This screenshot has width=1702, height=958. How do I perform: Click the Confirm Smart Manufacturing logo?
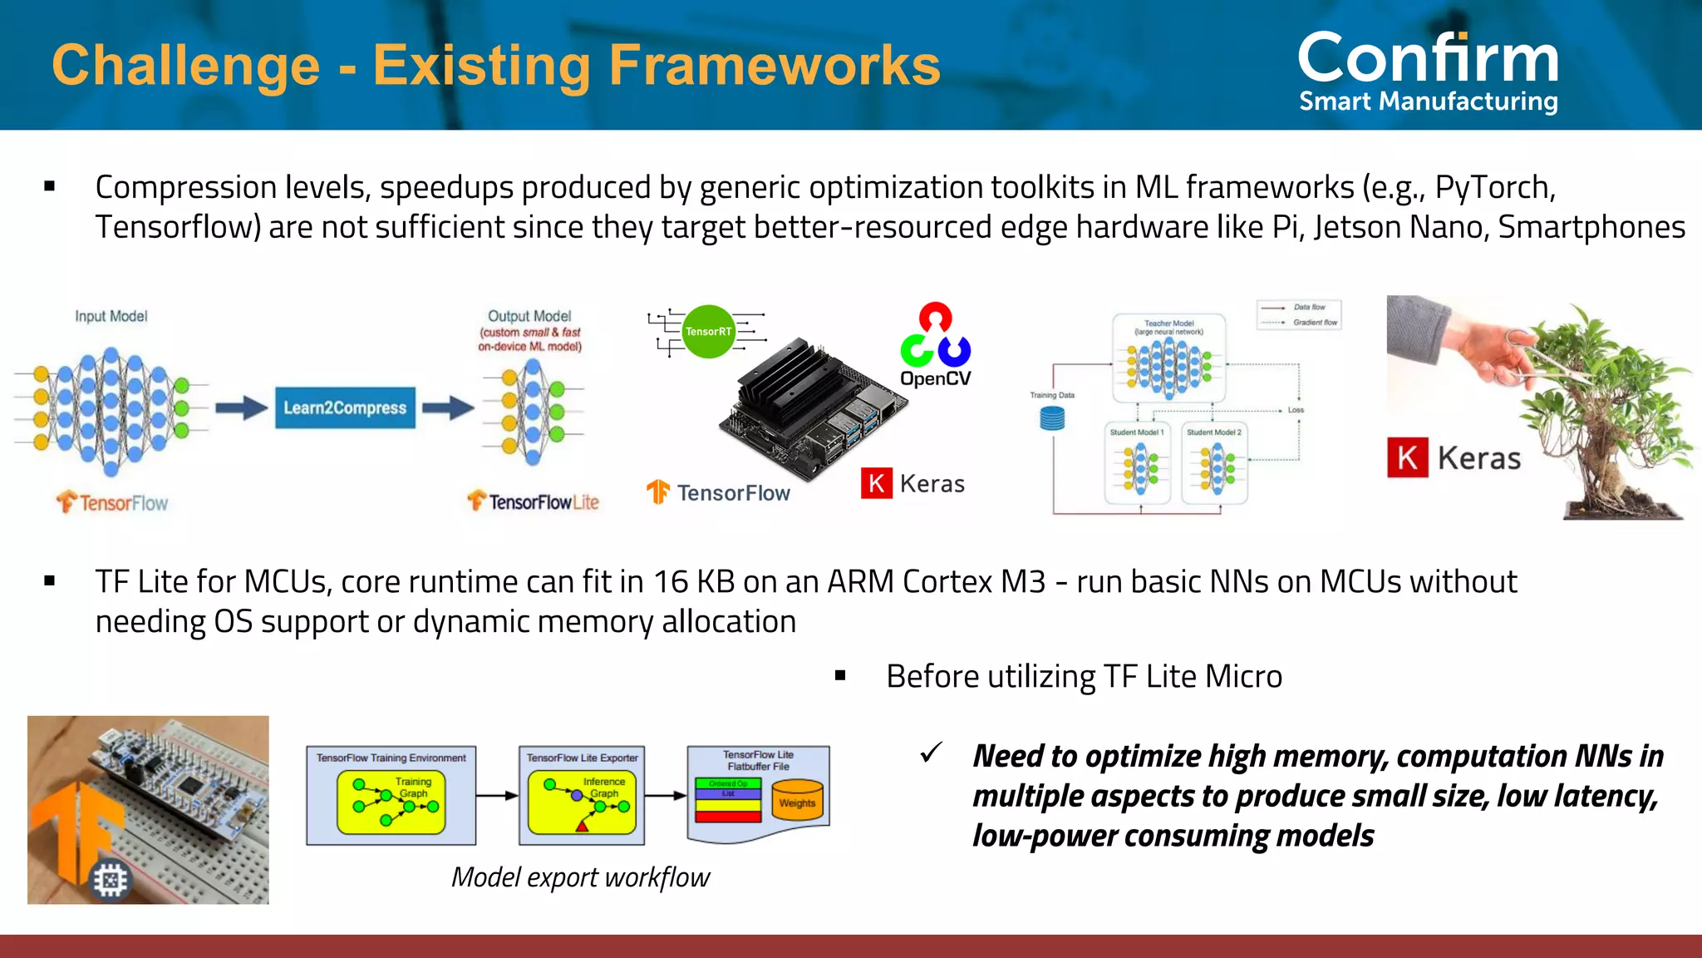coord(1428,71)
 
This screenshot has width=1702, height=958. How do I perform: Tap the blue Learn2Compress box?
coord(345,407)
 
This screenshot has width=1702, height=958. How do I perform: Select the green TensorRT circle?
coord(708,331)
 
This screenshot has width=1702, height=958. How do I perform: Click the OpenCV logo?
coord(935,345)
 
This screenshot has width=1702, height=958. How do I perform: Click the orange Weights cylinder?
coord(797,800)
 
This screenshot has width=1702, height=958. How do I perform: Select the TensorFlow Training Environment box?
coord(391,795)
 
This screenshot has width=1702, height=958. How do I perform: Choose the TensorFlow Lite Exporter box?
coord(582,795)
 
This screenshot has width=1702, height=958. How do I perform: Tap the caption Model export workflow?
coord(580,877)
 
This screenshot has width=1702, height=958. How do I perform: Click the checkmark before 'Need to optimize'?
coord(931,753)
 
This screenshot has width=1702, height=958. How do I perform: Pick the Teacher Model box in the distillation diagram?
coord(1168,358)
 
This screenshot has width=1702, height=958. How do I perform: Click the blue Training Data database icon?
coord(1052,418)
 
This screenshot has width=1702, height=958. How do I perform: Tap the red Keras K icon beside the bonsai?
coord(1407,457)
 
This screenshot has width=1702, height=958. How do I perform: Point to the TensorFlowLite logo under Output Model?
coord(534,501)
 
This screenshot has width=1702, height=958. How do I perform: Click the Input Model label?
coord(111,316)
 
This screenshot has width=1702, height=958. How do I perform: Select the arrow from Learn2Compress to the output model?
coord(448,407)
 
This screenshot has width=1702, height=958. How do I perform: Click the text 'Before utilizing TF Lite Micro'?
coord(1084,676)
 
